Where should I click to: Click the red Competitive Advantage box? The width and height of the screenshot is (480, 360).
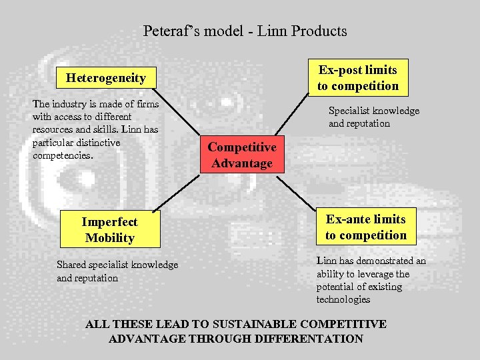coord(242,155)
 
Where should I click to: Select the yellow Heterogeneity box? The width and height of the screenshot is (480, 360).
coord(105,78)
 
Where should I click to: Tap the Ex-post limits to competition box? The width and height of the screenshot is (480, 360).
coord(357,78)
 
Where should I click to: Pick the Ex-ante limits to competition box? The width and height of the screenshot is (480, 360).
coord(365,227)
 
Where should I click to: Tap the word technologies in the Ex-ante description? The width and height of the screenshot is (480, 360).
coord(343,299)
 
